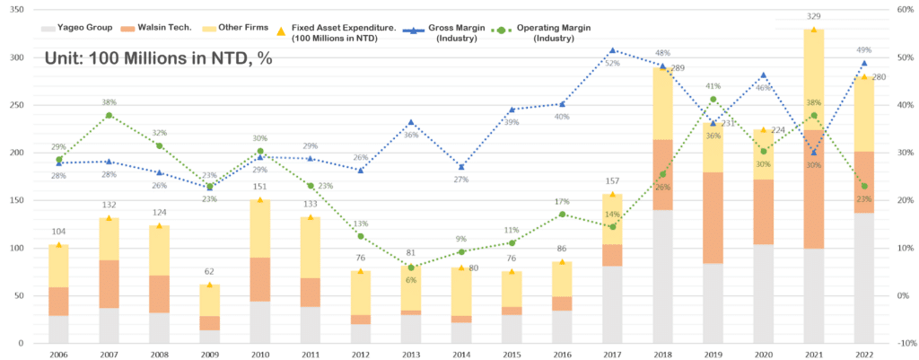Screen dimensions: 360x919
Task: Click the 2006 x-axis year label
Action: tap(58, 354)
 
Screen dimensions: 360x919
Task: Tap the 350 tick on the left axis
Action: tap(18, 10)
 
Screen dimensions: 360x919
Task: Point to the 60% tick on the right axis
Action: tap(903, 10)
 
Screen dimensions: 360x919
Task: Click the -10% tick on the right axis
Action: tap(903, 343)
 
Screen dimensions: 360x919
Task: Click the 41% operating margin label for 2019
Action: tap(713, 85)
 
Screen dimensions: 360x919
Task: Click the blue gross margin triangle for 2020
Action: tap(763, 75)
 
